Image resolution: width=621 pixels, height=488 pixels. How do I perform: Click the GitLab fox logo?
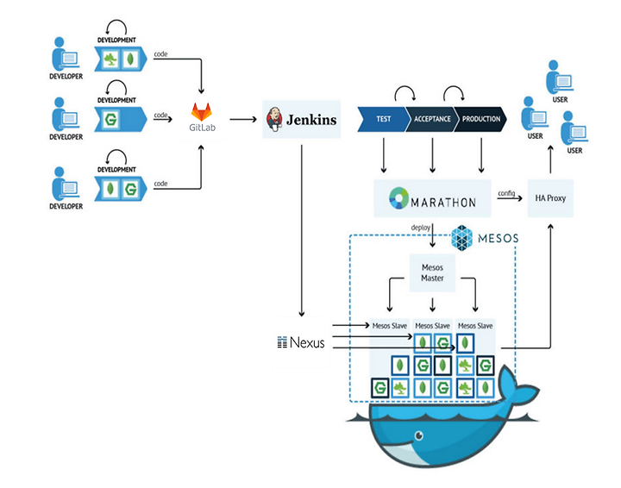(x=201, y=112)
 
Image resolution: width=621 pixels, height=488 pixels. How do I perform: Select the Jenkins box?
(x=301, y=119)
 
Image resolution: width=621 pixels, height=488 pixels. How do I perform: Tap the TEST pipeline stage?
(x=383, y=119)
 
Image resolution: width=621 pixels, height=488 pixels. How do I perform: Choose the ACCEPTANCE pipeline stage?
(x=432, y=119)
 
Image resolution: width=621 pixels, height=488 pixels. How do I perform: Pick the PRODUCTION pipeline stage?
(x=480, y=119)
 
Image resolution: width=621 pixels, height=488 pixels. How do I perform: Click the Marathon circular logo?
(x=398, y=198)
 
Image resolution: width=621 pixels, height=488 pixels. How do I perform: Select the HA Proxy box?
(x=550, y=198)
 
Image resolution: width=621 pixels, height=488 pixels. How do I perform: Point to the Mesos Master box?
(x=432, y=272)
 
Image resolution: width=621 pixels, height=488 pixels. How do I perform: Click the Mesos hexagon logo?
(x=461, y=238)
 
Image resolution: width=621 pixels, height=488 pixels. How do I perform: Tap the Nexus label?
(x=301, y=342)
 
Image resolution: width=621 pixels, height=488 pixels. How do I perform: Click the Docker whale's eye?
(x=418, y=435)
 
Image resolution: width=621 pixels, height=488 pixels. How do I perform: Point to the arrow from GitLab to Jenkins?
(x=243, y=119)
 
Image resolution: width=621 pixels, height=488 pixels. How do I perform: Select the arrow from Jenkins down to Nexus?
(x=302, y=231)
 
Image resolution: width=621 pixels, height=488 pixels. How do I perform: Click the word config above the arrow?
(x=506, y=193)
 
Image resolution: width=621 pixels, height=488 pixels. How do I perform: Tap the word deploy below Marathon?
(x=420, y=228)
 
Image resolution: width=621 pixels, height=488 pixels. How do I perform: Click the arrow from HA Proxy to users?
(x=550, y=160)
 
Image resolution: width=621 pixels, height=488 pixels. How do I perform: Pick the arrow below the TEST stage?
(x=383, y=155)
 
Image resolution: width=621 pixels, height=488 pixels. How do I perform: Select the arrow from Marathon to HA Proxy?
(x=510, y=198)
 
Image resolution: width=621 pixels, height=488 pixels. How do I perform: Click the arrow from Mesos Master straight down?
(x=432, y=304)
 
